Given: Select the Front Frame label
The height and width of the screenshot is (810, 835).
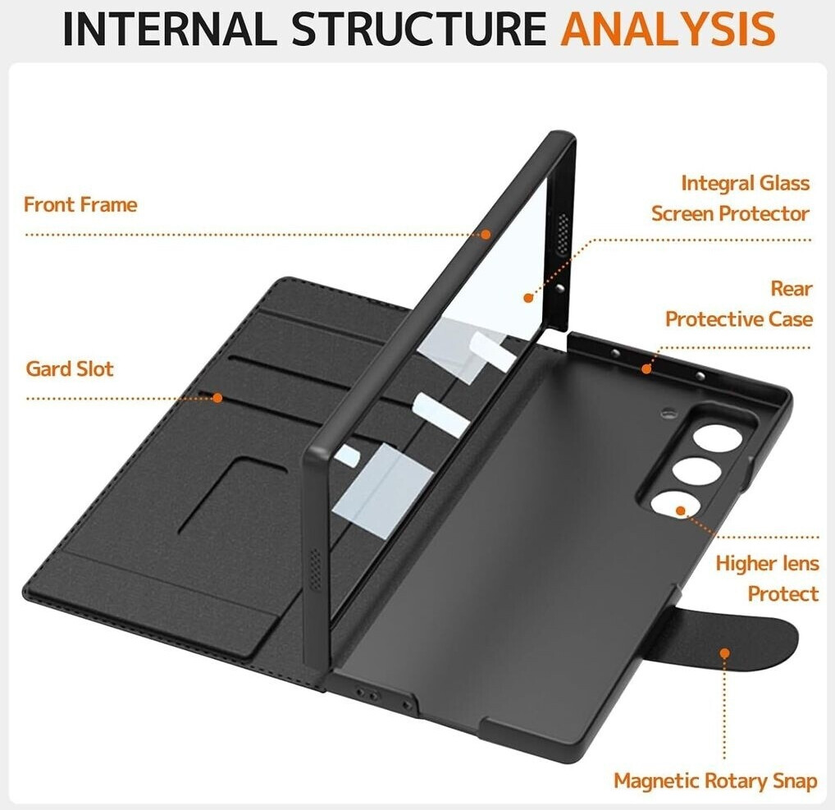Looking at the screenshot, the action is (80, 204).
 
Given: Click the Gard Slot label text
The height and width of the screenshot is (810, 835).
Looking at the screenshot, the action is (70, 368).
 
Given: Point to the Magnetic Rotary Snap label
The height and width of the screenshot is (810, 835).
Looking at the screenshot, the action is (715, 781).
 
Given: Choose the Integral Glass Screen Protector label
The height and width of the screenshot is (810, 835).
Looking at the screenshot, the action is (731, 199).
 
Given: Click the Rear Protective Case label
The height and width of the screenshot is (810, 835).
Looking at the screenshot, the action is (739, 304).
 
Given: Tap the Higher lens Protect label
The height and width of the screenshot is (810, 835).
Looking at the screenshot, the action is (767, 579).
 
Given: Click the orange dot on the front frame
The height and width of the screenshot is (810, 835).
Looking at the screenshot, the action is (486, 235).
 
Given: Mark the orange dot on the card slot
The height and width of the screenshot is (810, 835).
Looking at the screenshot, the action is (217, 397).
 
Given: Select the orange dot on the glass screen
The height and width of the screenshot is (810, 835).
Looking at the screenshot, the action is (528, 298).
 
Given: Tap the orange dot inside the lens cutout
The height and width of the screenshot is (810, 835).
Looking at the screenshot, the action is (681, 510).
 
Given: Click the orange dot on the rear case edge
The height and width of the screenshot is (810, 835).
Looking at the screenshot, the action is (646, 368).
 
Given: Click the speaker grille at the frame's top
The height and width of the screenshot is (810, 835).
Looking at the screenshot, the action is (563, 234).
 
